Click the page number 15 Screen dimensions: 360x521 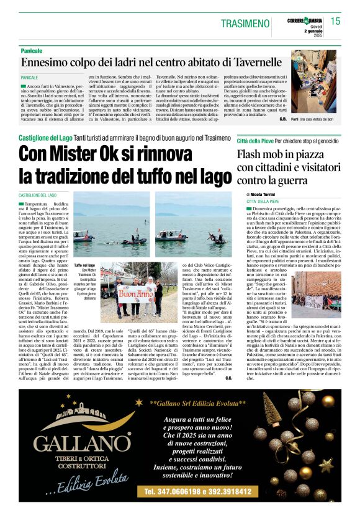pos(336,21)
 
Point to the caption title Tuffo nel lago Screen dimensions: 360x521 pos(85,265)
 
